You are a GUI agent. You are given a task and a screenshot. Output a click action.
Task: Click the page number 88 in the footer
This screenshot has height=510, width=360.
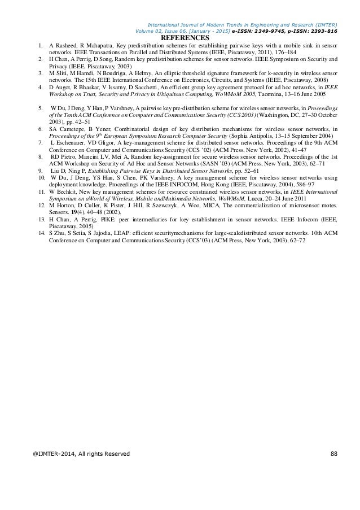click(333, 454)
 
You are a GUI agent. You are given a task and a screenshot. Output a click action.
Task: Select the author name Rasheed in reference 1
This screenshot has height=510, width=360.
click(67, 45)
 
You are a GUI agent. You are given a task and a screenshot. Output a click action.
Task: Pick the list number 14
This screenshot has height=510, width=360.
click(40, 233)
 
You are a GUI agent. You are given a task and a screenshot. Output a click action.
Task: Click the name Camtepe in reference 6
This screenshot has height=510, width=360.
click(72, 129)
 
